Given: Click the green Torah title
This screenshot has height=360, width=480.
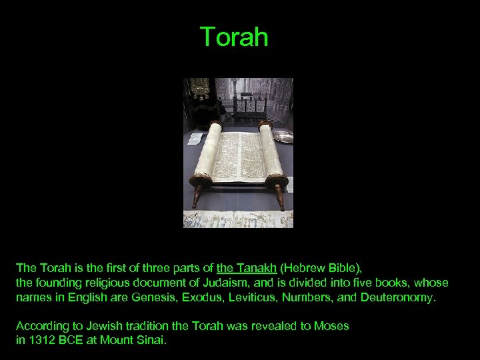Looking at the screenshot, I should (x=234, y=37).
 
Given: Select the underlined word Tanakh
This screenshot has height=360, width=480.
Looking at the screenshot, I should (x=253, y=269).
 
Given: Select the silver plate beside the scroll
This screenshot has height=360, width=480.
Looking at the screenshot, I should (x=283, y=135).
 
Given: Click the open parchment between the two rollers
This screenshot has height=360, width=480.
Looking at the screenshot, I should (x=240, y=156).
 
